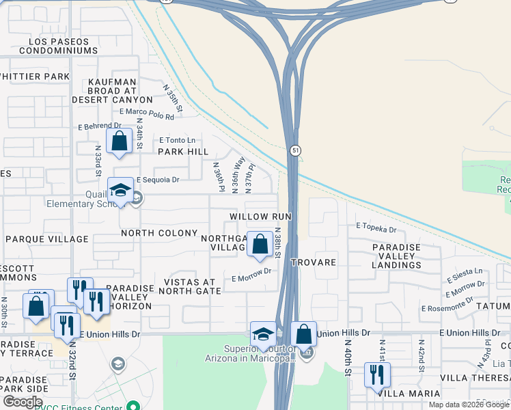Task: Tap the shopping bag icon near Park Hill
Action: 120,141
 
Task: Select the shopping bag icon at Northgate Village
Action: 260,244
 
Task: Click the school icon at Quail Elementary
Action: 120,191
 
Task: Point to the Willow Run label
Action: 260,216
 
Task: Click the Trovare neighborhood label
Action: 314,262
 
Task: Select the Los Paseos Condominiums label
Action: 59,46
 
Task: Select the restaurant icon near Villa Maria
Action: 377,374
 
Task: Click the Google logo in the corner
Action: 23,401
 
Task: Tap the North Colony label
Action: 160,233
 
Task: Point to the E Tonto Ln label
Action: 177,140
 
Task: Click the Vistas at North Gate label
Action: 190,286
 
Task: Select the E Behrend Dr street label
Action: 99,126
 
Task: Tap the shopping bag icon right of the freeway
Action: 303,335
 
